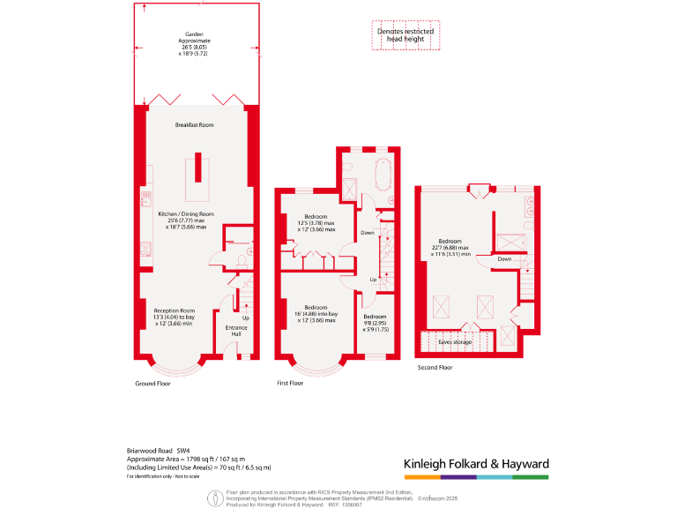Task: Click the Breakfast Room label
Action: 194,125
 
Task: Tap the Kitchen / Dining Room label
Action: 186,220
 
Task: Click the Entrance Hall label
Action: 236,332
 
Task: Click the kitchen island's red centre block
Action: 197,167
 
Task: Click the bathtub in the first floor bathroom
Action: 383,176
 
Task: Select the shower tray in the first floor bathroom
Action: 350,190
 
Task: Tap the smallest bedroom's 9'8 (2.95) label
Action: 375,322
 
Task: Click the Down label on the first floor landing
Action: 368,233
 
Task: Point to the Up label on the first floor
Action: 373,280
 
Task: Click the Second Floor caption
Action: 435,367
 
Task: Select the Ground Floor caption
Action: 153,385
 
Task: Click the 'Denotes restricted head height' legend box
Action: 405,35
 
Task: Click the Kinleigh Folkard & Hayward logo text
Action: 476,464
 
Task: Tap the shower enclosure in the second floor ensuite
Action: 509,242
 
